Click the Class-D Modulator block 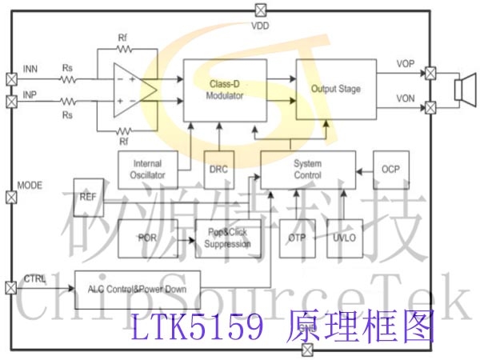pos(225,90)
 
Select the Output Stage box pos(336,89)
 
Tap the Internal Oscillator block pos(148,170)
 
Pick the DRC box pos(219,170)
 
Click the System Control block pos(308,170)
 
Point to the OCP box pos(391,170)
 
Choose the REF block pos(89,198)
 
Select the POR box pos(148,238)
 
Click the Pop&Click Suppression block pos(228,238)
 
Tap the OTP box pos(298,238)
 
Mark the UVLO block pos(345,238)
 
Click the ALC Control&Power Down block pos(138,290)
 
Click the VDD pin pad pos(261,10)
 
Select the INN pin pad pos(12,79)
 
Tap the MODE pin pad pos(12,198)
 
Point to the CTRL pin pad pos(11,288)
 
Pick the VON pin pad pos(430,107)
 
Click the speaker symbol pos(466,90)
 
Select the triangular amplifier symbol pos(135,90)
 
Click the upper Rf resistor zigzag pos(125,49)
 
